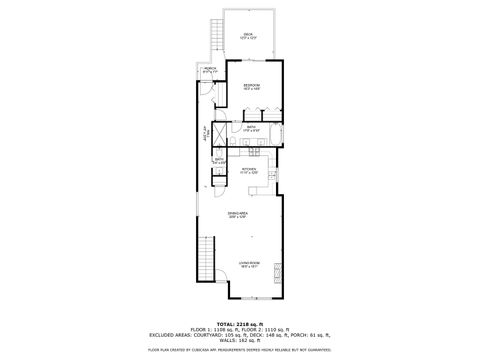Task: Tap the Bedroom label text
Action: tap(252, 87)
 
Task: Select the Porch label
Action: tap(211, 69)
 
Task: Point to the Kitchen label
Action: tap(249, 171)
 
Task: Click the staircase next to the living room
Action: tap(208, 259)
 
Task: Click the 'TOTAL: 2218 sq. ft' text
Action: tap(240, 324)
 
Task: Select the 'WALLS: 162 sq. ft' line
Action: tap(240, 342)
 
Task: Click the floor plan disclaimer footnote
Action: tap(240, 351)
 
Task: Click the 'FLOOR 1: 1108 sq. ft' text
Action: tap(212, 330)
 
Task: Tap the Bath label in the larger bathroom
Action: tap(252, 128)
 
